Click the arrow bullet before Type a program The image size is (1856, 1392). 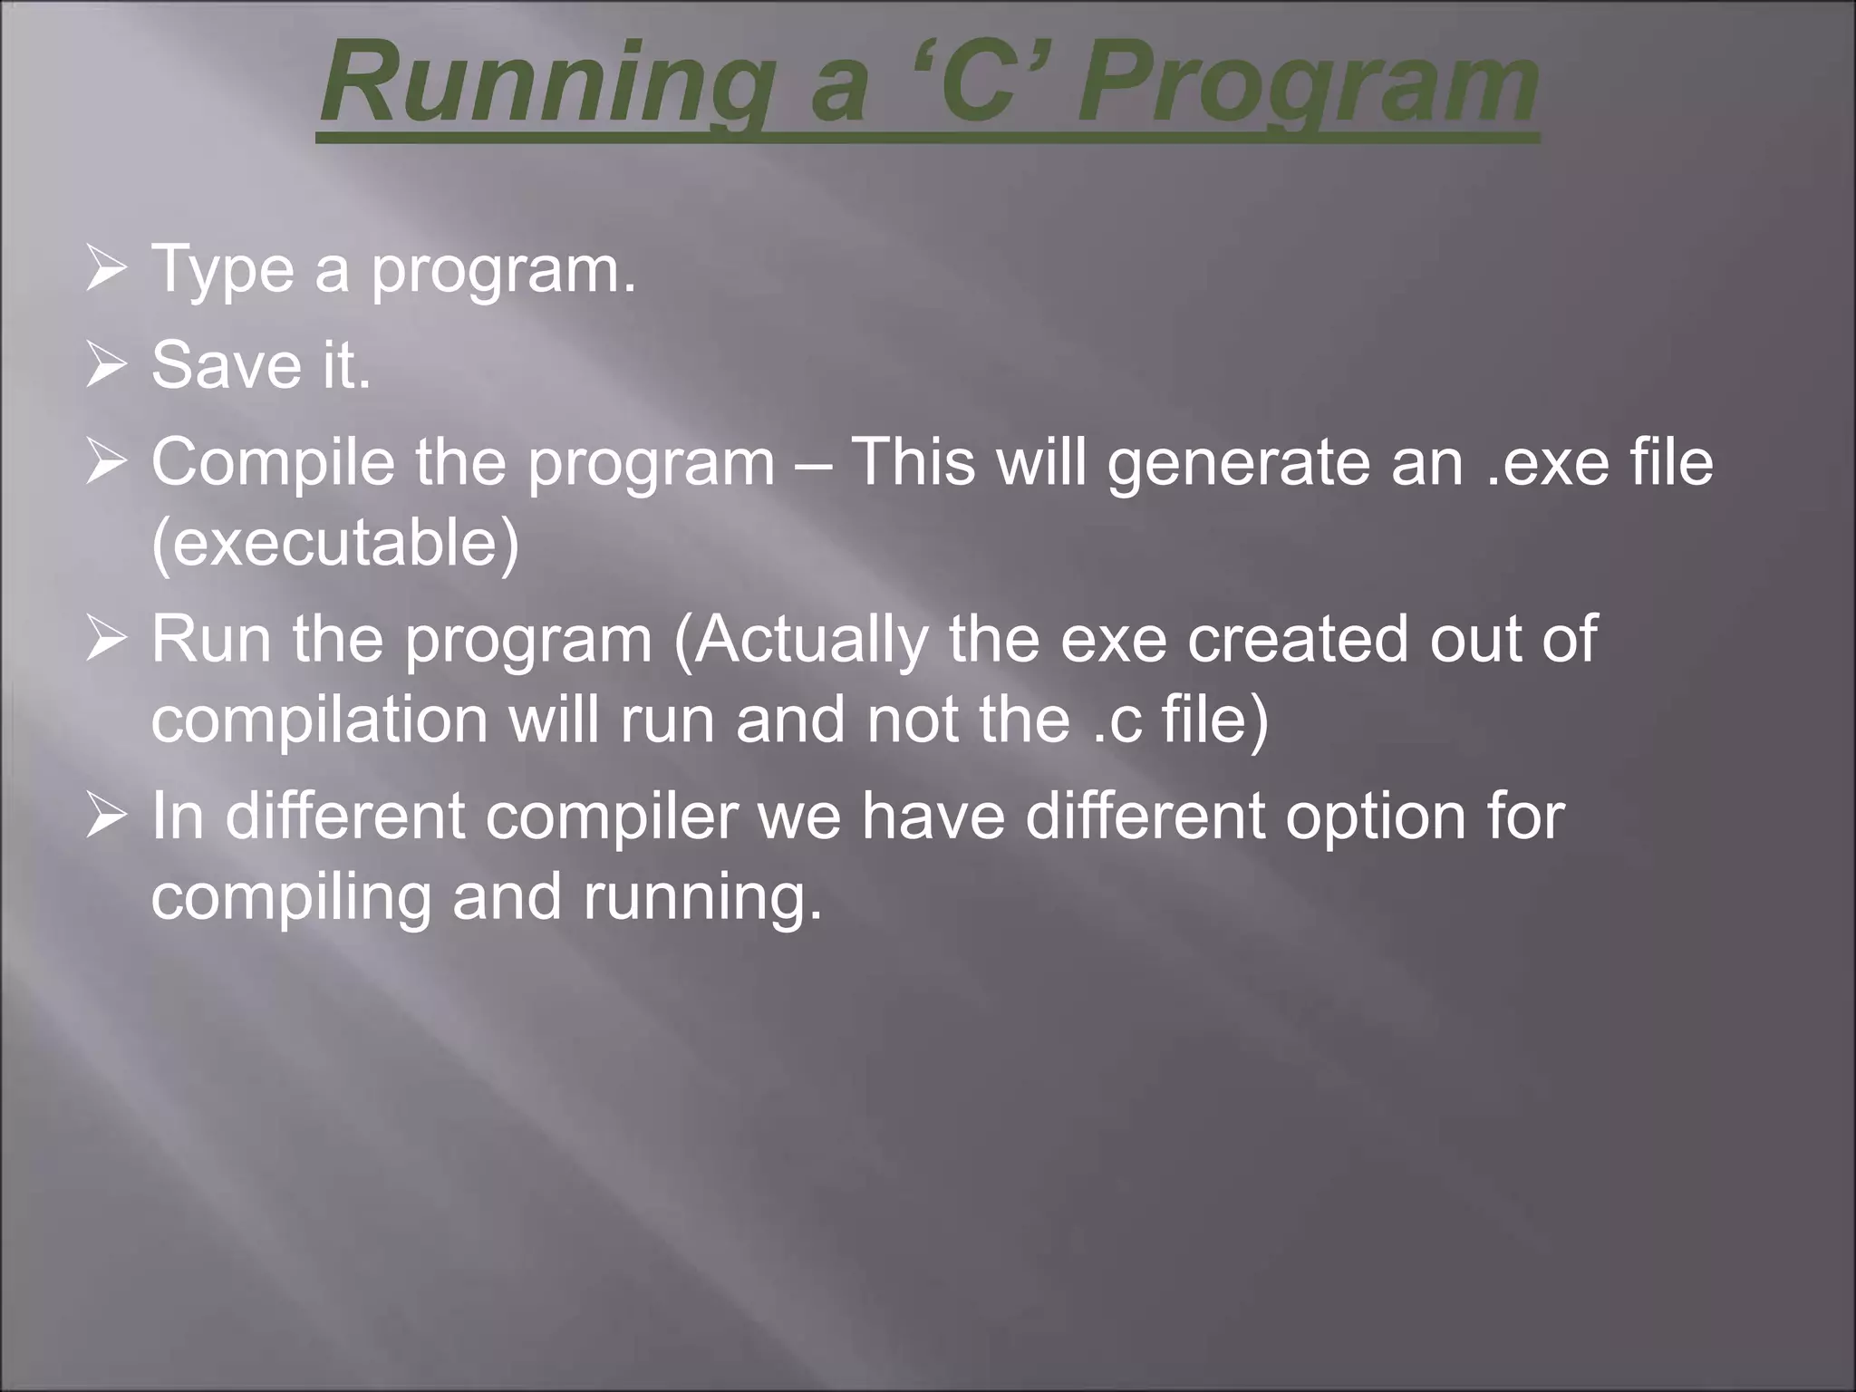pyautogui.click(x=106, y=270)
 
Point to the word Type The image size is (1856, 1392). pyautogui.click(x=222, y=270)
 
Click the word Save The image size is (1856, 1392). pyautogui.click(x=227, y=365)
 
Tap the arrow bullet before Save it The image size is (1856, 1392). pyautogui.click(x=106, y=367)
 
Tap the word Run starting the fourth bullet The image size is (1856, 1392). pyautogui.click(x=210, y=639)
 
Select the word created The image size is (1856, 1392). pyautogui.click(x=1297, y=639)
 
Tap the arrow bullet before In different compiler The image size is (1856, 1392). pyautogui.click(x=106, y=817)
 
